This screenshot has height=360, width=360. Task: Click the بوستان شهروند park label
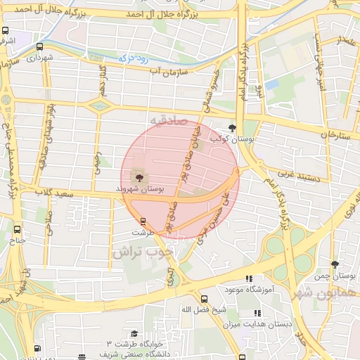[x=141, y=189]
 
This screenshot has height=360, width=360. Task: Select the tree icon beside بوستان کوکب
[x=233, y=127]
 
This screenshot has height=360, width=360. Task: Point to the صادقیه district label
[x=166, y=121]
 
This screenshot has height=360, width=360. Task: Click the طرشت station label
[x=141, y=231]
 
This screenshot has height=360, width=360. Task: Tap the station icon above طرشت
[x=143, y=221]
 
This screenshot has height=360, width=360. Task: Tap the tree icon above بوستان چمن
[x=334, y=265]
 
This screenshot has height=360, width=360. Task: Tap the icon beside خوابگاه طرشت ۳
[x=134, y=333]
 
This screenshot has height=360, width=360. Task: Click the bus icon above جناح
[x=18, y=229]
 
